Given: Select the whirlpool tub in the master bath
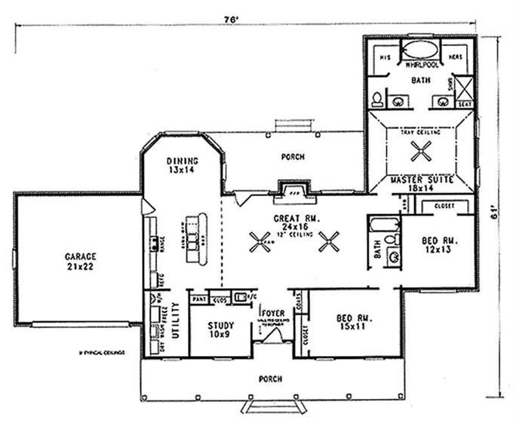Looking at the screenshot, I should point(420,51).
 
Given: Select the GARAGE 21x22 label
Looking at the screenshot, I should point(80,261).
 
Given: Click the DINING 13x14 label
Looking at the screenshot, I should point(183,166).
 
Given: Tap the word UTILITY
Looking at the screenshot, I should point(176,320).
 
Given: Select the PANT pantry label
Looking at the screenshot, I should point(200,299).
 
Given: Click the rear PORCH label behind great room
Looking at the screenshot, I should point(292,157).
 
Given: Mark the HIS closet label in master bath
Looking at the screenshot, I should point(383,57).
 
